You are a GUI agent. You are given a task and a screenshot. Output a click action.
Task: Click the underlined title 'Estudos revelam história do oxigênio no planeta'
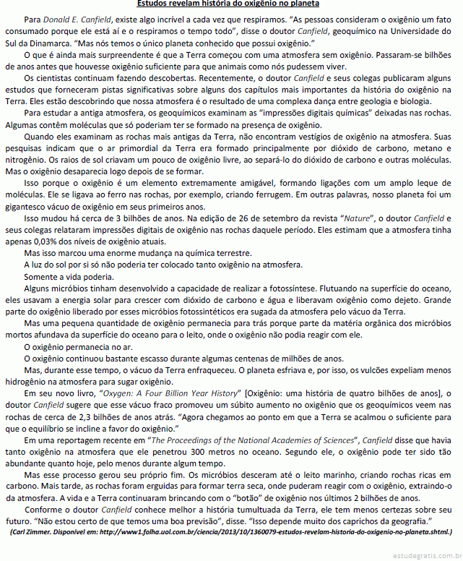click(231, 4)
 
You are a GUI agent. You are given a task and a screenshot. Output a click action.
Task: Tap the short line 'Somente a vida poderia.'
click(70, 277)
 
